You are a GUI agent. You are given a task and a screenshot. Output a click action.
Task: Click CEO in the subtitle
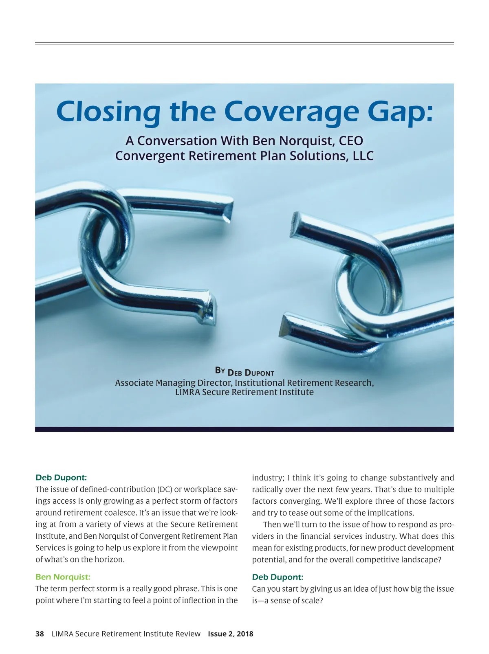coord(350,141)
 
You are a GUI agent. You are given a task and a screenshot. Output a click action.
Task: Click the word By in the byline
coord(220,370)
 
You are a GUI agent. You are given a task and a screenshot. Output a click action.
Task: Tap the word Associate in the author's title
coord(134,383)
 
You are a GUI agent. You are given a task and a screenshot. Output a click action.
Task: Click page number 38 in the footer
coord(40,634)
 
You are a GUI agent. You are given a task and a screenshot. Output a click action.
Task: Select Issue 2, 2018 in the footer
coord(231,634)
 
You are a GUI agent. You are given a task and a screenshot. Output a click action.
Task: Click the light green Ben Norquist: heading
coord(63,577)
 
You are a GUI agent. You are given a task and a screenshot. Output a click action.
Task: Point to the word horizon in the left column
coord(109,560)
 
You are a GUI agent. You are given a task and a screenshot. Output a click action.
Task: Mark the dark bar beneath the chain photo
coord(244,429)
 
